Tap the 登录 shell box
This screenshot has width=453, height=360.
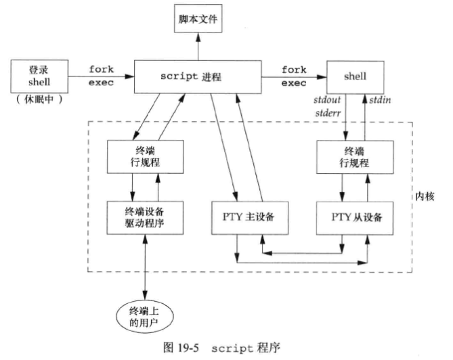coord(37,76)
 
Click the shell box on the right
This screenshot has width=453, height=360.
coord(355,76)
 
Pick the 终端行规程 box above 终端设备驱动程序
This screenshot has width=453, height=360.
coord(144,158)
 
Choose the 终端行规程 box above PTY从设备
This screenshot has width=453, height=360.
coord(355,158)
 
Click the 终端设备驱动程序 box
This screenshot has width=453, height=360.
coord(144,217)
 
